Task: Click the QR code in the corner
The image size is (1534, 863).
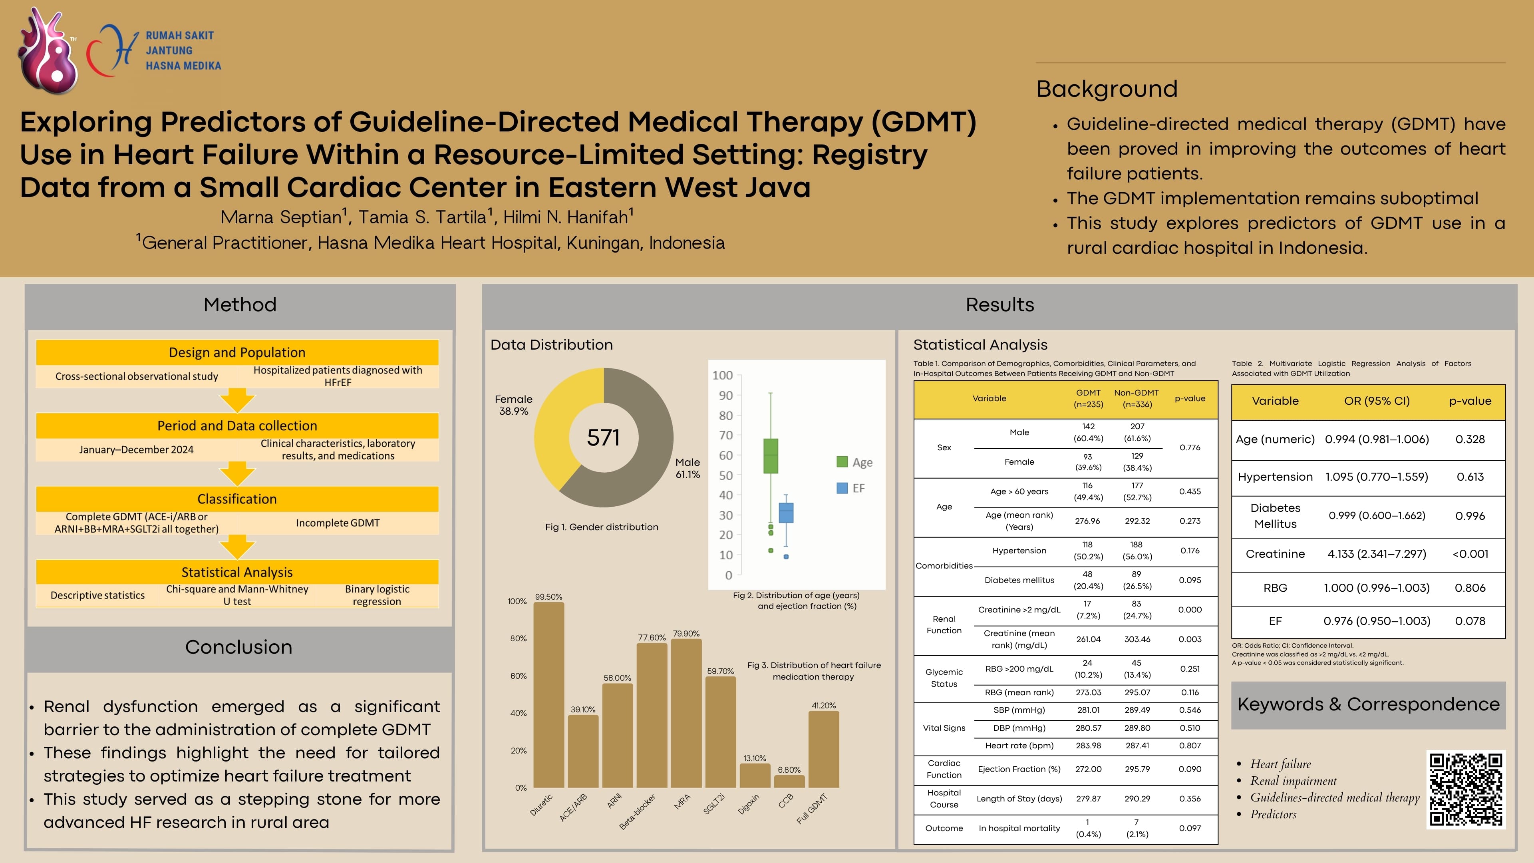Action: (1466, 789)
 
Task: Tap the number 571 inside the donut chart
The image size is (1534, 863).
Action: (603, 438)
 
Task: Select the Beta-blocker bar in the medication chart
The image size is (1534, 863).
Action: (652, 715)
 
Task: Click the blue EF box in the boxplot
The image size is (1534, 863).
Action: (786, 513)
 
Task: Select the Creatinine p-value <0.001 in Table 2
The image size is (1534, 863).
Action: (1470, 554)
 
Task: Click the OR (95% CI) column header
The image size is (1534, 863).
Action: (1376, 401)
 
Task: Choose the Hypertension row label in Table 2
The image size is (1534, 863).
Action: (1275, 477)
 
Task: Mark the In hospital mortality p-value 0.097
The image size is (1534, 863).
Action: (1189, 828)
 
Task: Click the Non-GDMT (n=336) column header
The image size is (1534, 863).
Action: (1136, 398)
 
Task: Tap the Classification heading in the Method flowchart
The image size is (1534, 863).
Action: (237, 499)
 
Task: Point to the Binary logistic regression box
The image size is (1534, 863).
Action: (377, 595)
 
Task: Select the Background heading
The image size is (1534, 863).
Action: (1107, 89)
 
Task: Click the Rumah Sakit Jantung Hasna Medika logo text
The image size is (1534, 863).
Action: (183, 51)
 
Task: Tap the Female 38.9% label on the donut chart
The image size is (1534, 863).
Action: (513, 405)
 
